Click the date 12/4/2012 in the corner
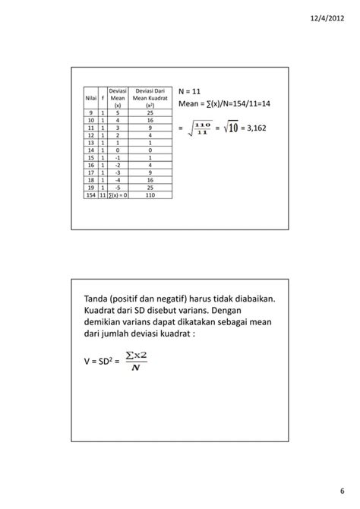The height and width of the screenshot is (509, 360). coord(332,17)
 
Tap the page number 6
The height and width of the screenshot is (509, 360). coord(341,492)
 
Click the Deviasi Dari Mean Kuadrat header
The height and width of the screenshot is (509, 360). coord(151,98)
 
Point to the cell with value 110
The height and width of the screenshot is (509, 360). coord(151,195)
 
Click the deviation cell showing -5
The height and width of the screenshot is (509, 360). coord(117,187)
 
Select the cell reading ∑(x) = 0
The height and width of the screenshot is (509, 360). coord(118,195)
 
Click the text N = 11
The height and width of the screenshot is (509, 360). coord(190,92)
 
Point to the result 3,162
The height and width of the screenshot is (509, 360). coord(255,128)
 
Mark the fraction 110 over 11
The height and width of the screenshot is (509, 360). coord(201,128)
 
